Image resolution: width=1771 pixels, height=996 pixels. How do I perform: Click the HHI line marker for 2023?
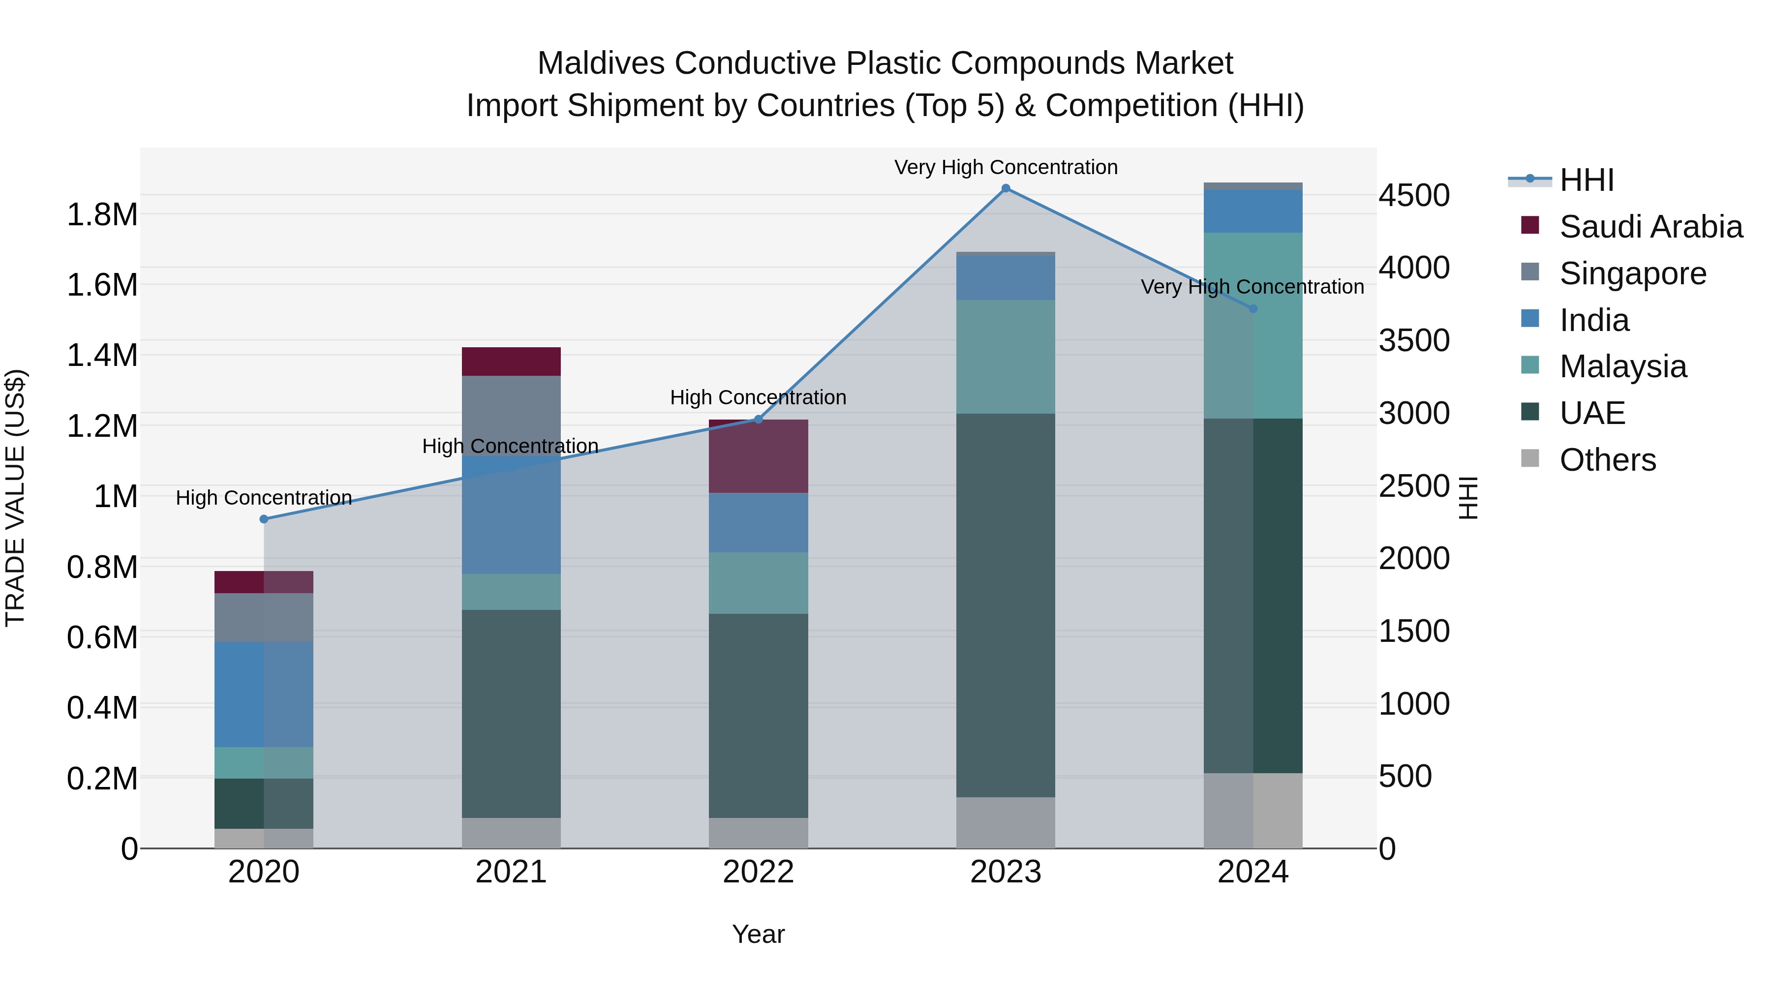pos(1006,188)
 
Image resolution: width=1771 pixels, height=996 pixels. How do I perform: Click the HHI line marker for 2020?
pos(264,519)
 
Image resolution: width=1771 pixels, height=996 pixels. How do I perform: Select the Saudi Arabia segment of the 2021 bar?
pos(511,362)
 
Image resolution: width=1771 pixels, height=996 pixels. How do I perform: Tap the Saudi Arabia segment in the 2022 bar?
pos(758,456)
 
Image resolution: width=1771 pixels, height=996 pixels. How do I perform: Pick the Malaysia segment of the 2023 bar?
pos(1006,357)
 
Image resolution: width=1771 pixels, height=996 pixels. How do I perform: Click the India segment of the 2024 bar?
pos(1252,211)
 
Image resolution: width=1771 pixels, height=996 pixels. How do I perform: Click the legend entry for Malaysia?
pos(1622,366)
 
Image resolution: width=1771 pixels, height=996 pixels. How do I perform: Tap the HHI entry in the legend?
pos(1586,180)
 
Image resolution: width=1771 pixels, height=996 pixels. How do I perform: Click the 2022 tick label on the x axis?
pos(758,872)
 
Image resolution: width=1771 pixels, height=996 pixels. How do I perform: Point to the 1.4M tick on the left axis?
pos(102,356)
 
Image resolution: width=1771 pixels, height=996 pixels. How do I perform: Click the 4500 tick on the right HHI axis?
pos(1414,195)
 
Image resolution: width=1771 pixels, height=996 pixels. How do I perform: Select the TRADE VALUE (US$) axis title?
pos(15,498)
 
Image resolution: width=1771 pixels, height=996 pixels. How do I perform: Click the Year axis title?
pos(758,934)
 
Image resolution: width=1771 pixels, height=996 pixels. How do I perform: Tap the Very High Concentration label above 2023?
pos(1006,167)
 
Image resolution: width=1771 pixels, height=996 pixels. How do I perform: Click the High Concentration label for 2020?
pos(264,498)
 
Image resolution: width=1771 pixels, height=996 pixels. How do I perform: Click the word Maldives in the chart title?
pos(600,63)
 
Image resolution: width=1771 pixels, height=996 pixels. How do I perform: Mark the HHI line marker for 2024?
pos(1252,308)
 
